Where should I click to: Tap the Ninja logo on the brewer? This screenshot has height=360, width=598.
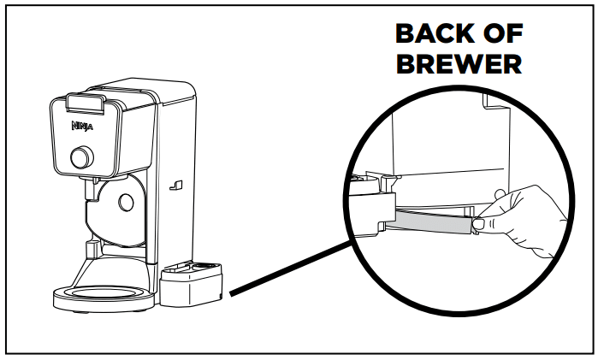coord(81,126)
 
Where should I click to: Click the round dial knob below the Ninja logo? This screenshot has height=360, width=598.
coord(82,157)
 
